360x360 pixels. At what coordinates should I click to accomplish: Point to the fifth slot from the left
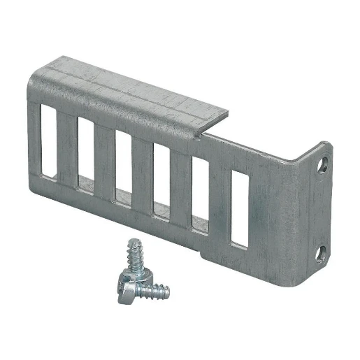click(x=199, y=195)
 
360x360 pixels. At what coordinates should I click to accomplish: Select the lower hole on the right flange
click(x=322, y=251)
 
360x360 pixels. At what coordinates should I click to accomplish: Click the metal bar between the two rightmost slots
click(x=219, y=203)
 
